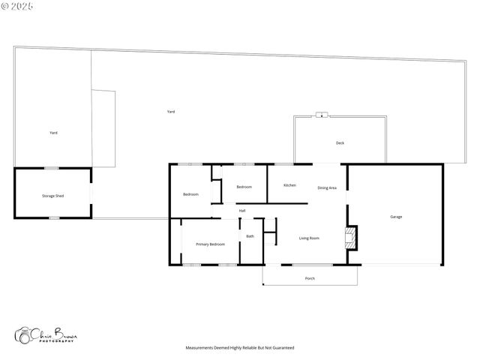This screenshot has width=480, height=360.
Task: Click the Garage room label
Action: click(396, 217)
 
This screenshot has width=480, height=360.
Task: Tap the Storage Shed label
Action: click(52, 196)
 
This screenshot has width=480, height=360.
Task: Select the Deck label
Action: click(340, 142)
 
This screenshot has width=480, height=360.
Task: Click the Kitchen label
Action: click(289, 185)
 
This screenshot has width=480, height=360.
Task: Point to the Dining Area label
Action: click(327, 187)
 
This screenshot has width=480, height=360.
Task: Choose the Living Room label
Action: click(309, 238)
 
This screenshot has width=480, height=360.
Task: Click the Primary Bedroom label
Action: click(210, 244)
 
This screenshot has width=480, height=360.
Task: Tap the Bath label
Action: click(250, 236)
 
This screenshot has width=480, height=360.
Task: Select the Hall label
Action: click(242, 211)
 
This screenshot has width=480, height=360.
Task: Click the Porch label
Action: click(310, 278)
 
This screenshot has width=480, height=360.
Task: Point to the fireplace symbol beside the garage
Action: click(349, 238)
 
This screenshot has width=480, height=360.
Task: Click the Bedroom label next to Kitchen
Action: click(244, 187)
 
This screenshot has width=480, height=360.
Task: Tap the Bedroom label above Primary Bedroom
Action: click(190, 194)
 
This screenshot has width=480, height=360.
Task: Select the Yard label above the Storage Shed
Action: click(53, 133)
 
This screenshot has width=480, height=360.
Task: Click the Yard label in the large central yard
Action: click(171, 112)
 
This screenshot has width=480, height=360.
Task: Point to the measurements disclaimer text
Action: click(240, 348)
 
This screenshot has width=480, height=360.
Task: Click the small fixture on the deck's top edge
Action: click(322, 115)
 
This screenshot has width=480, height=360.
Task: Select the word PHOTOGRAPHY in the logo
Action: click(56, 340)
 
